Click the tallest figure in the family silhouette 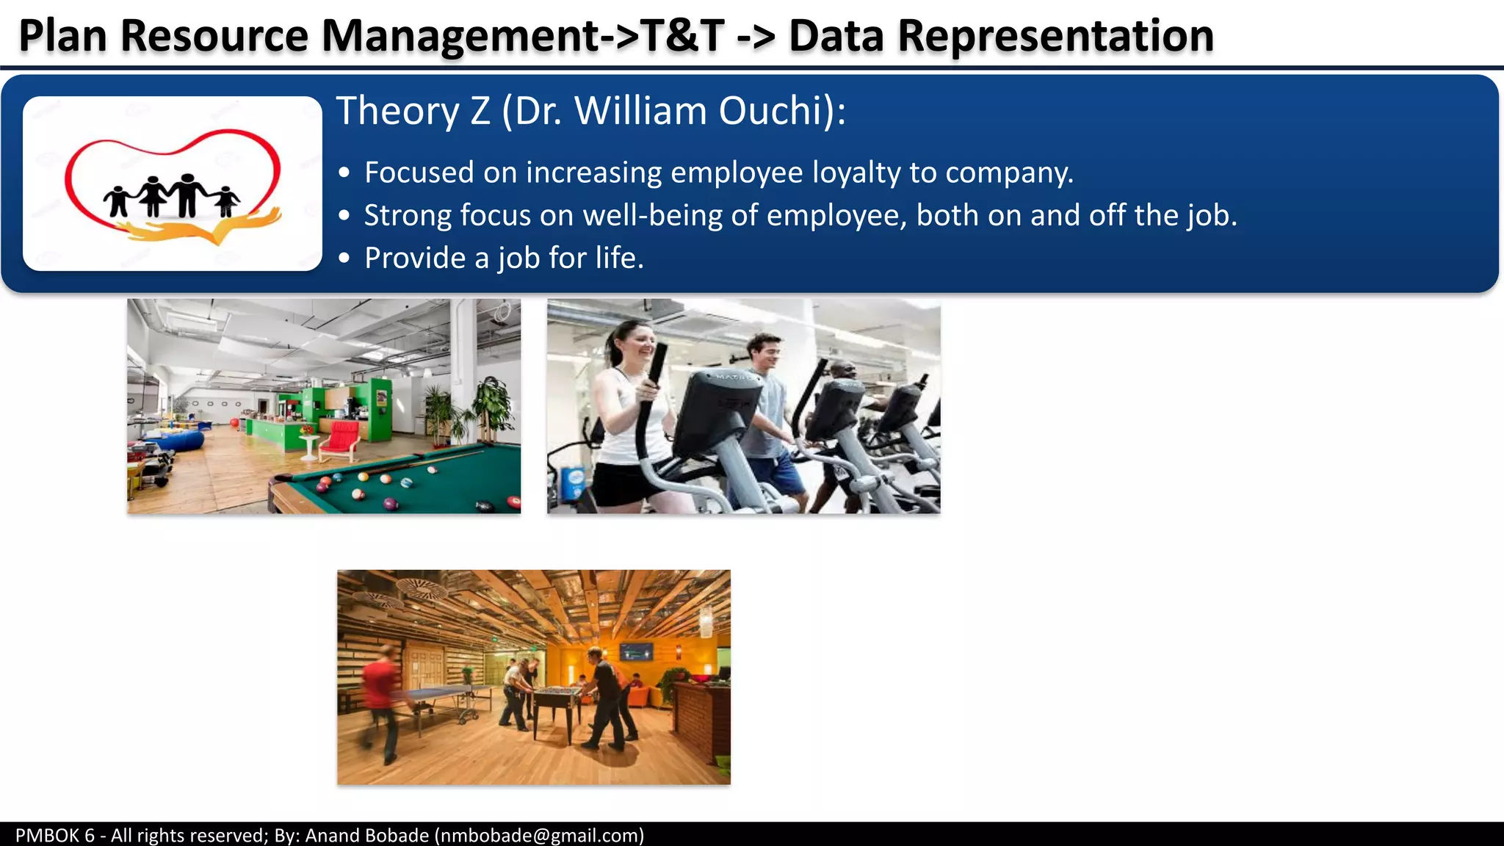tap(187, 194)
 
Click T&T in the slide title tap(682, 36)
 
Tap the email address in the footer tap(539, 836)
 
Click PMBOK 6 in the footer tap(55, 836)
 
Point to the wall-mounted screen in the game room tap(636, 651)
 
